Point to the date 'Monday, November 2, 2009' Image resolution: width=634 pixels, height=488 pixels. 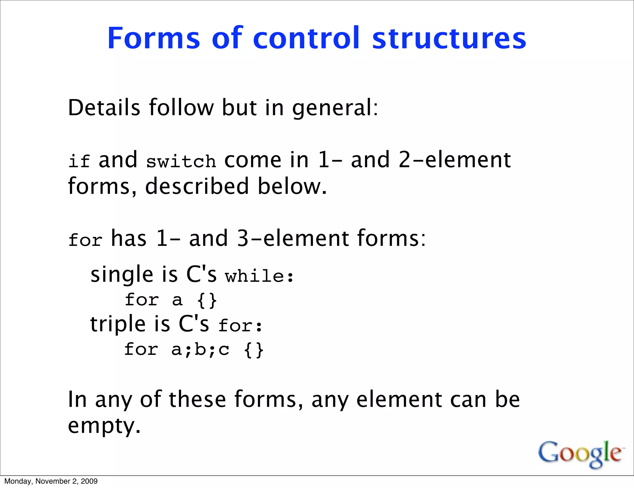click(51, 481)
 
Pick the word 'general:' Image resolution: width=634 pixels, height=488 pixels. click(335, 108)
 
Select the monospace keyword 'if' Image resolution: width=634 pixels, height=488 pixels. click(79, 161)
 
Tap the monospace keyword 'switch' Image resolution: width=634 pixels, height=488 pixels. click(181, 161)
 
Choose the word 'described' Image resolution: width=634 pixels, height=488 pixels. click(197, 186)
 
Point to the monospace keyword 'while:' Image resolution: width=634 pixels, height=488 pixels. click(259, 276)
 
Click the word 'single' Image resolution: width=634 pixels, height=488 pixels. click(122, 275)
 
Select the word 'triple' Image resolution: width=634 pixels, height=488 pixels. click(118, 325)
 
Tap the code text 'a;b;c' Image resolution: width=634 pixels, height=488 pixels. click(200, 349)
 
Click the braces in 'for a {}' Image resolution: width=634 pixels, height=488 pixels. click(207, 300)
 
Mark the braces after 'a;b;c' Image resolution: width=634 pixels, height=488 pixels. click(254, 350)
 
